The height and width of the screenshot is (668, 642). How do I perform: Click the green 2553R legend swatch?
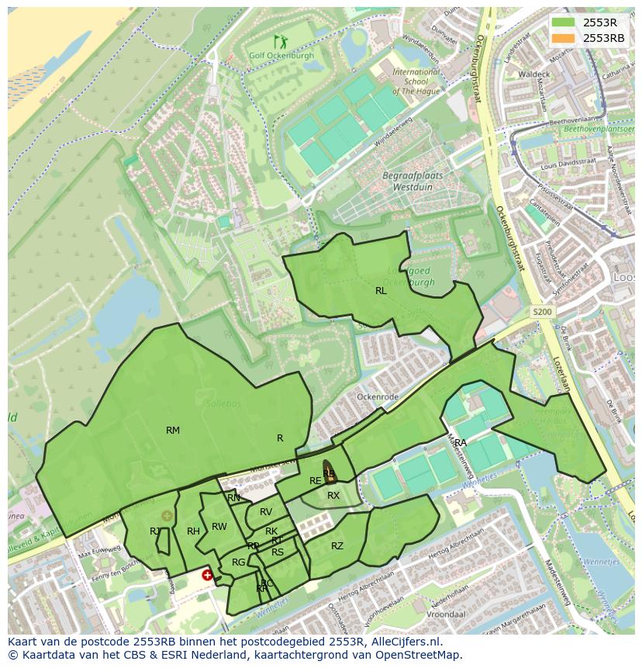click(564, 22)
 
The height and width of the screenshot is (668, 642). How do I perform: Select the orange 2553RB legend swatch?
click(564, 38)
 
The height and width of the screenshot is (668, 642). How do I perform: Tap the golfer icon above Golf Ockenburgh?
click(279, 41)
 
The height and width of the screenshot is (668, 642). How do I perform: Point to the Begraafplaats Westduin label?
click(412, 181)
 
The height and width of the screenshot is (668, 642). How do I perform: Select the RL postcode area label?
click(381, 291)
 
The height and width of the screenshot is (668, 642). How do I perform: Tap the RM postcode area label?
click(173, 430)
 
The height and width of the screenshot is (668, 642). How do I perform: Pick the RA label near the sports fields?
click(461, 442)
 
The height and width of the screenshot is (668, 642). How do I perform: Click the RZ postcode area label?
click(337, 546)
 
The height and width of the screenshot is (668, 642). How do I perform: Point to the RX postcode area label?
click(333, 496)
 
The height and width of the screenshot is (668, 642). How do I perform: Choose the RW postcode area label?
click(219, 527)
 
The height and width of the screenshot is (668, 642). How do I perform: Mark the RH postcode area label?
click(193, 531)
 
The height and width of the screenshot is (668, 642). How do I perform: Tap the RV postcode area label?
click(266, 512)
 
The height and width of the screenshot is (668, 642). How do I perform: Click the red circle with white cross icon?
click(207, 575)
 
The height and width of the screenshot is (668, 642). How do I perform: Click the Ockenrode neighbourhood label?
click(377, 396)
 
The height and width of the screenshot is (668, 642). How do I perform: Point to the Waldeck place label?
click(533, 74)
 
